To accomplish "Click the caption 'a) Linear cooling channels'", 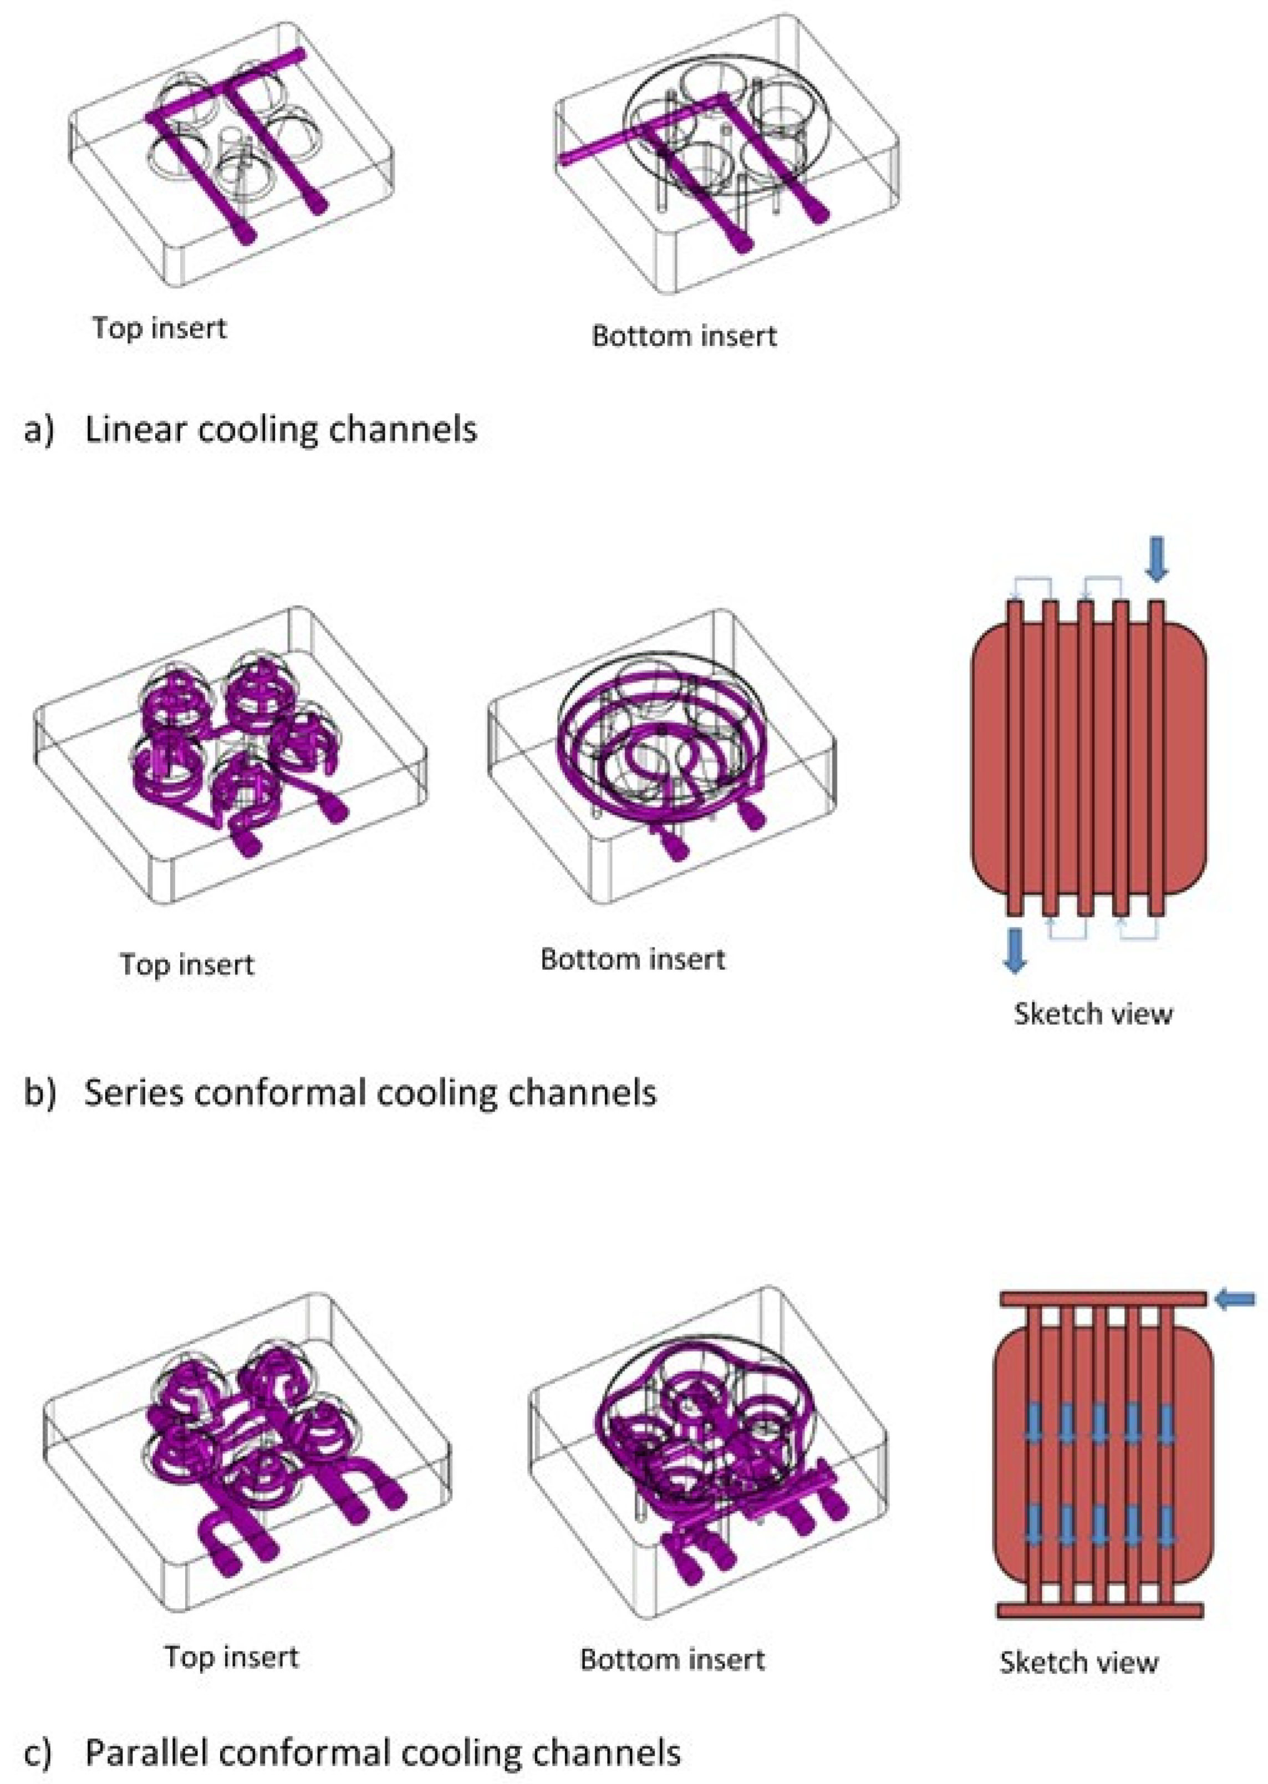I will tap(251, 429).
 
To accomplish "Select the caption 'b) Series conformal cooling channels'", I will tap(340, 1092).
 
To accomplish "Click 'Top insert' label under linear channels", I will tap(159, 328).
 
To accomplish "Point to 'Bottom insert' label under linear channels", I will tap(684, 337).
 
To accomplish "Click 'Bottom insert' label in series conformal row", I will tap(633, 959).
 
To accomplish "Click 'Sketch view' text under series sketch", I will tap(1093, 1013).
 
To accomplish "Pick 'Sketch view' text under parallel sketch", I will tap(1079, 1662).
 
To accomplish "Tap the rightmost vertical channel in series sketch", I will tap(1157, 758).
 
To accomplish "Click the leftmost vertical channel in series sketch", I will tap(1014, 758).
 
